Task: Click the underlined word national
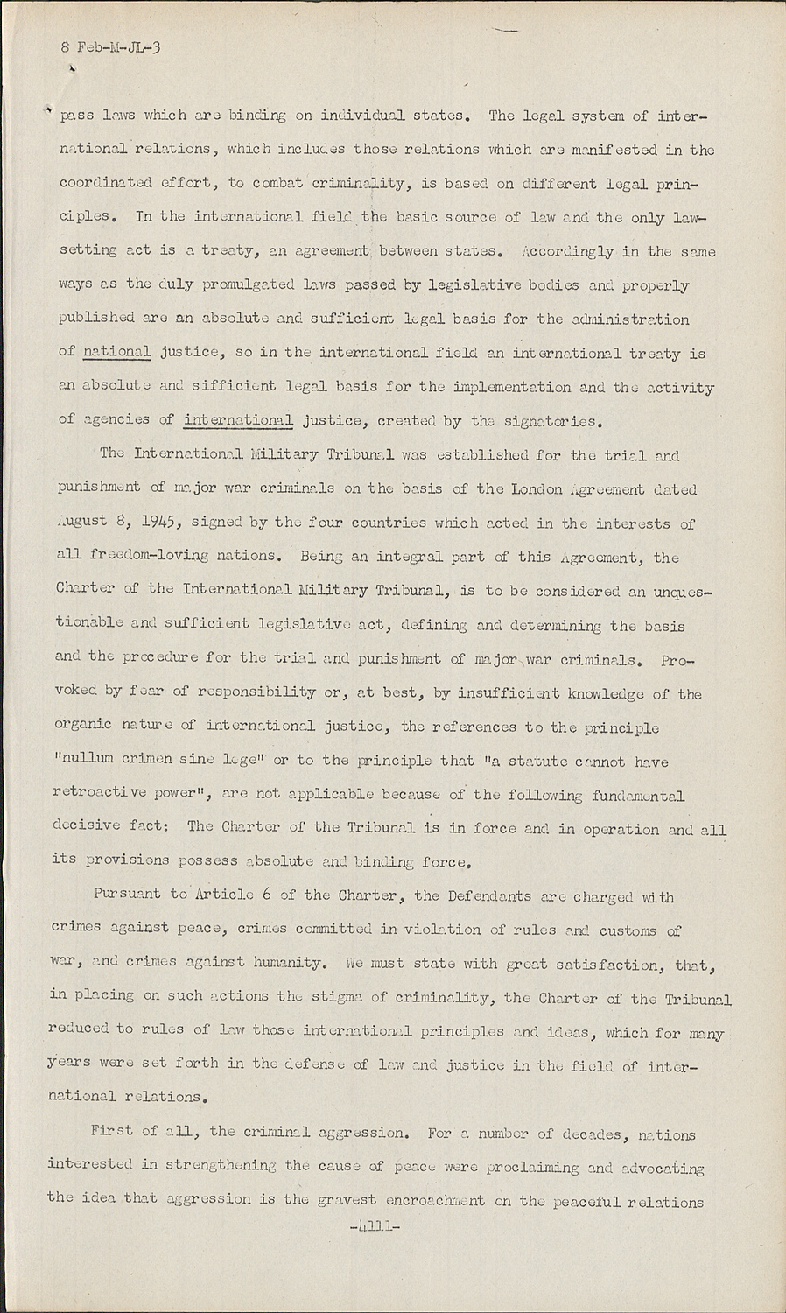click(117, 352)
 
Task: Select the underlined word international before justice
click(238, 420)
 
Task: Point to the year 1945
click(158, 523)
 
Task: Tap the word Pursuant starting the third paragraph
click(129, 895)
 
